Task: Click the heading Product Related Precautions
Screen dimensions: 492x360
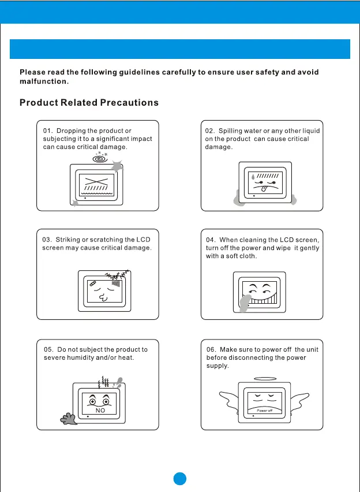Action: (x=89, y=103)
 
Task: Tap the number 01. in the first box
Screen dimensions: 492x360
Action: (x=48, y=131)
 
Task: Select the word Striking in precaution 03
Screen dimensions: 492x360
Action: (x=68, y=240)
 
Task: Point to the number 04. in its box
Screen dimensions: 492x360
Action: (x=211, y=240)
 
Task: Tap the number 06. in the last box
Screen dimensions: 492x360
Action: (x=212, y=349)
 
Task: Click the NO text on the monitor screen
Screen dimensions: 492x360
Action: (x=100, y=410)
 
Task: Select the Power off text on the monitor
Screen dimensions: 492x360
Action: (x=265, y=411)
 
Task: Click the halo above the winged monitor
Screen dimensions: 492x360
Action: (x=265, y=379)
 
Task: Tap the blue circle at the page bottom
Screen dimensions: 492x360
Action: (x=180, y=479)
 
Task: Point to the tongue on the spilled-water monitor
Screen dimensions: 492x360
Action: (x=262, y=188)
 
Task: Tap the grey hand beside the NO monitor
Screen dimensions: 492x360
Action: (x=69, y=417)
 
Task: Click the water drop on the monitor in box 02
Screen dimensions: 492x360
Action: (x=252, y=176)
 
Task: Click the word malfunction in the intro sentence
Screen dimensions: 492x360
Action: (x=43, y=81)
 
